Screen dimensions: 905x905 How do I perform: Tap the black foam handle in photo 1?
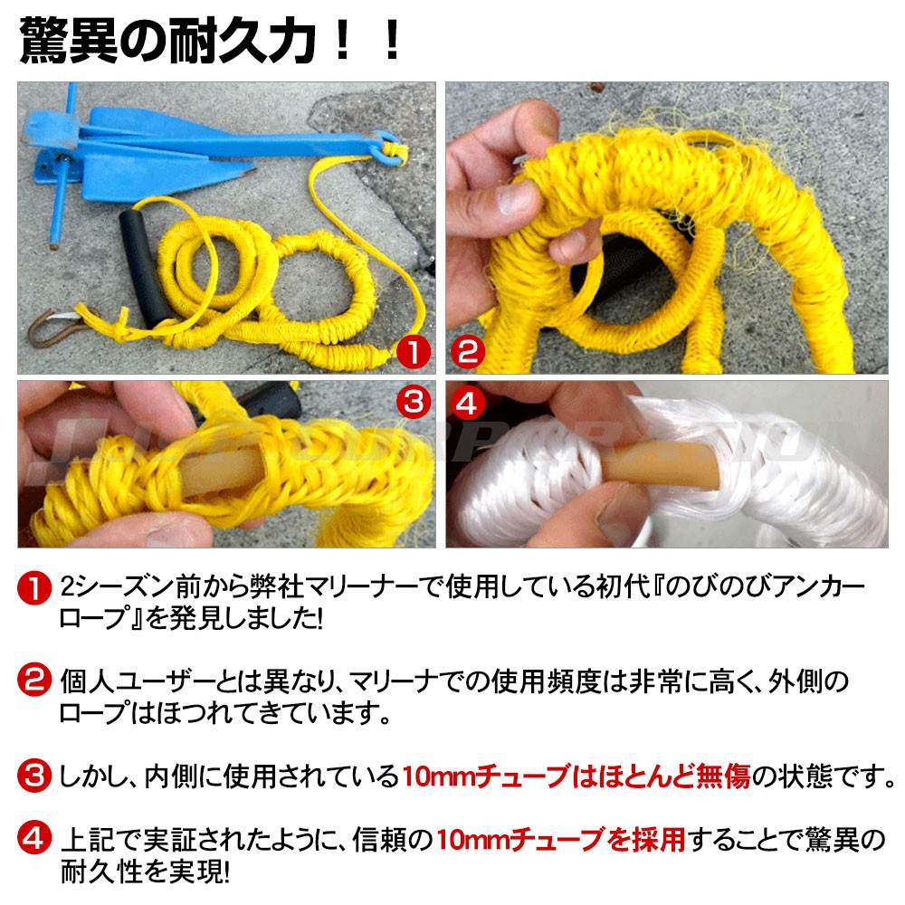pyautogui.click(x=144, y=269)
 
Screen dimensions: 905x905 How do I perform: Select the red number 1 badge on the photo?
pyautogui.click(x=414, y=352)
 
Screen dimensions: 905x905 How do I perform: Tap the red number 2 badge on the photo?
pyautogui.click(x=468, y=352)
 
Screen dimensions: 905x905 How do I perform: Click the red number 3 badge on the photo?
pyautogui.click(x=414, y=403)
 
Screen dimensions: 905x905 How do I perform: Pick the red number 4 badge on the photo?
pyautogui.click(x=467, y=403)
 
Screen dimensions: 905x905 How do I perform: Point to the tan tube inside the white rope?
pyautogui.click(x=658, y=464)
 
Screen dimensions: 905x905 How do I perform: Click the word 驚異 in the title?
pyautogui.click(x=70, y=41)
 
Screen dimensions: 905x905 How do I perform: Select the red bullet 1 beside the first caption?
pyautogui.click(x=34, y=587)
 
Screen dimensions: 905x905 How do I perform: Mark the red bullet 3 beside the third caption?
pyautogui.click(x=34, y=776)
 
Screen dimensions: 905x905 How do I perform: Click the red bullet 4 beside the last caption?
pyautogui.click(x=34, y=839)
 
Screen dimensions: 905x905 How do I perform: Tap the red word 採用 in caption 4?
pyautogui.click(x=659, y=839)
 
